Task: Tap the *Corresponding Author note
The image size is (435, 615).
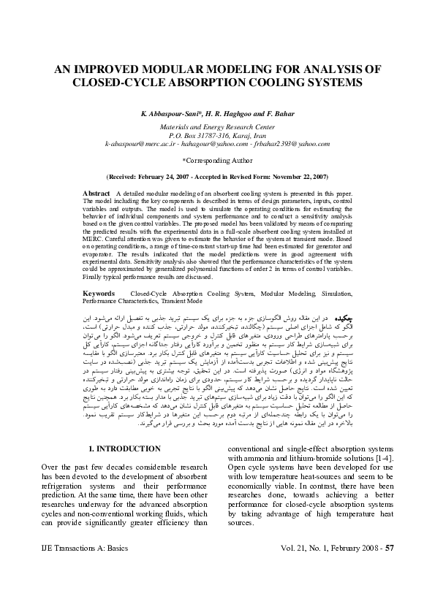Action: [x=217, y=159]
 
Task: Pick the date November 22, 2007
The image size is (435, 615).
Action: [x=293, y=177]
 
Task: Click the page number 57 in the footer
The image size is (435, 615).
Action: [x=390, y=567]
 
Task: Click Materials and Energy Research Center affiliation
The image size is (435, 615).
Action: [x=217, y=126]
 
